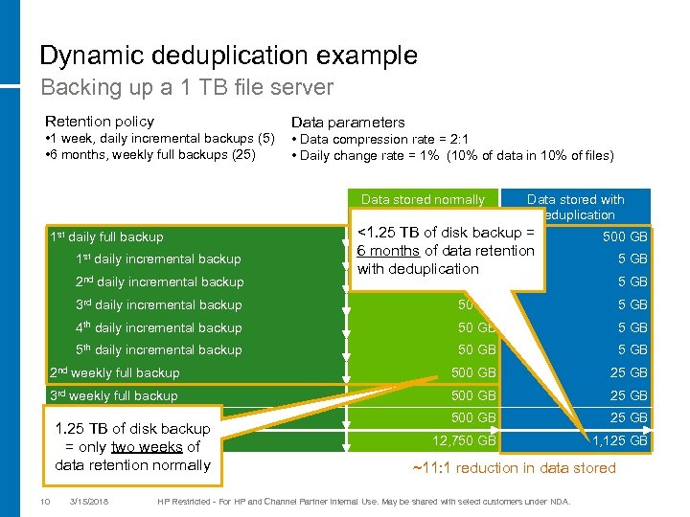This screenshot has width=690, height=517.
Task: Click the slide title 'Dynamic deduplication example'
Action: [228, 56]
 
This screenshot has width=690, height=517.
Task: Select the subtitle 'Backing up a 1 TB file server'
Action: [187, 88]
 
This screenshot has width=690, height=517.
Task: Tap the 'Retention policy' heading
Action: [100, 122]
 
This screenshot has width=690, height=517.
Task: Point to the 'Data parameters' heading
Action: [348, 123]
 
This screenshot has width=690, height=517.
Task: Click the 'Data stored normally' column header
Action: [423, 200]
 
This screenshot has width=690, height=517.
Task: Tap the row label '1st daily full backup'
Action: [106, 236]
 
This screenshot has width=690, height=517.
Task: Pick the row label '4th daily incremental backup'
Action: [158, 327]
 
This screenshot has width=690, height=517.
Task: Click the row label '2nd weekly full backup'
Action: [114, 372]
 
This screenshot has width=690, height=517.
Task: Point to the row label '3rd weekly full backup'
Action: [113, 395]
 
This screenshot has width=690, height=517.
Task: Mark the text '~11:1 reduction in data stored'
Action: [514, 467]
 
